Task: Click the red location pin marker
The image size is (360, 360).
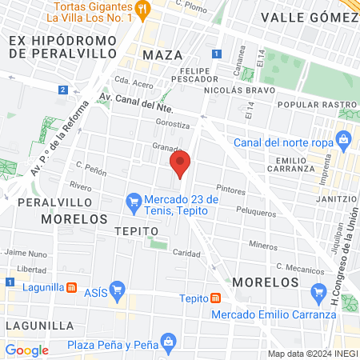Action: coord(180,165)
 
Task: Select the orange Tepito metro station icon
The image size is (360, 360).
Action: coord(216,298)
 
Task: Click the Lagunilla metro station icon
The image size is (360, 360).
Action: coord(72,286)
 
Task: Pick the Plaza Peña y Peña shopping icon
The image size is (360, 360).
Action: coord(168,342)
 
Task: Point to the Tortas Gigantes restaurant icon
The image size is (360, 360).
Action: coord(143,10)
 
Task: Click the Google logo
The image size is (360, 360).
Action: coord(26,350)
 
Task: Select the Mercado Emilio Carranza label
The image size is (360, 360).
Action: coord(274,314)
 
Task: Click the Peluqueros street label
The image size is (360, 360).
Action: coord(257,210)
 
